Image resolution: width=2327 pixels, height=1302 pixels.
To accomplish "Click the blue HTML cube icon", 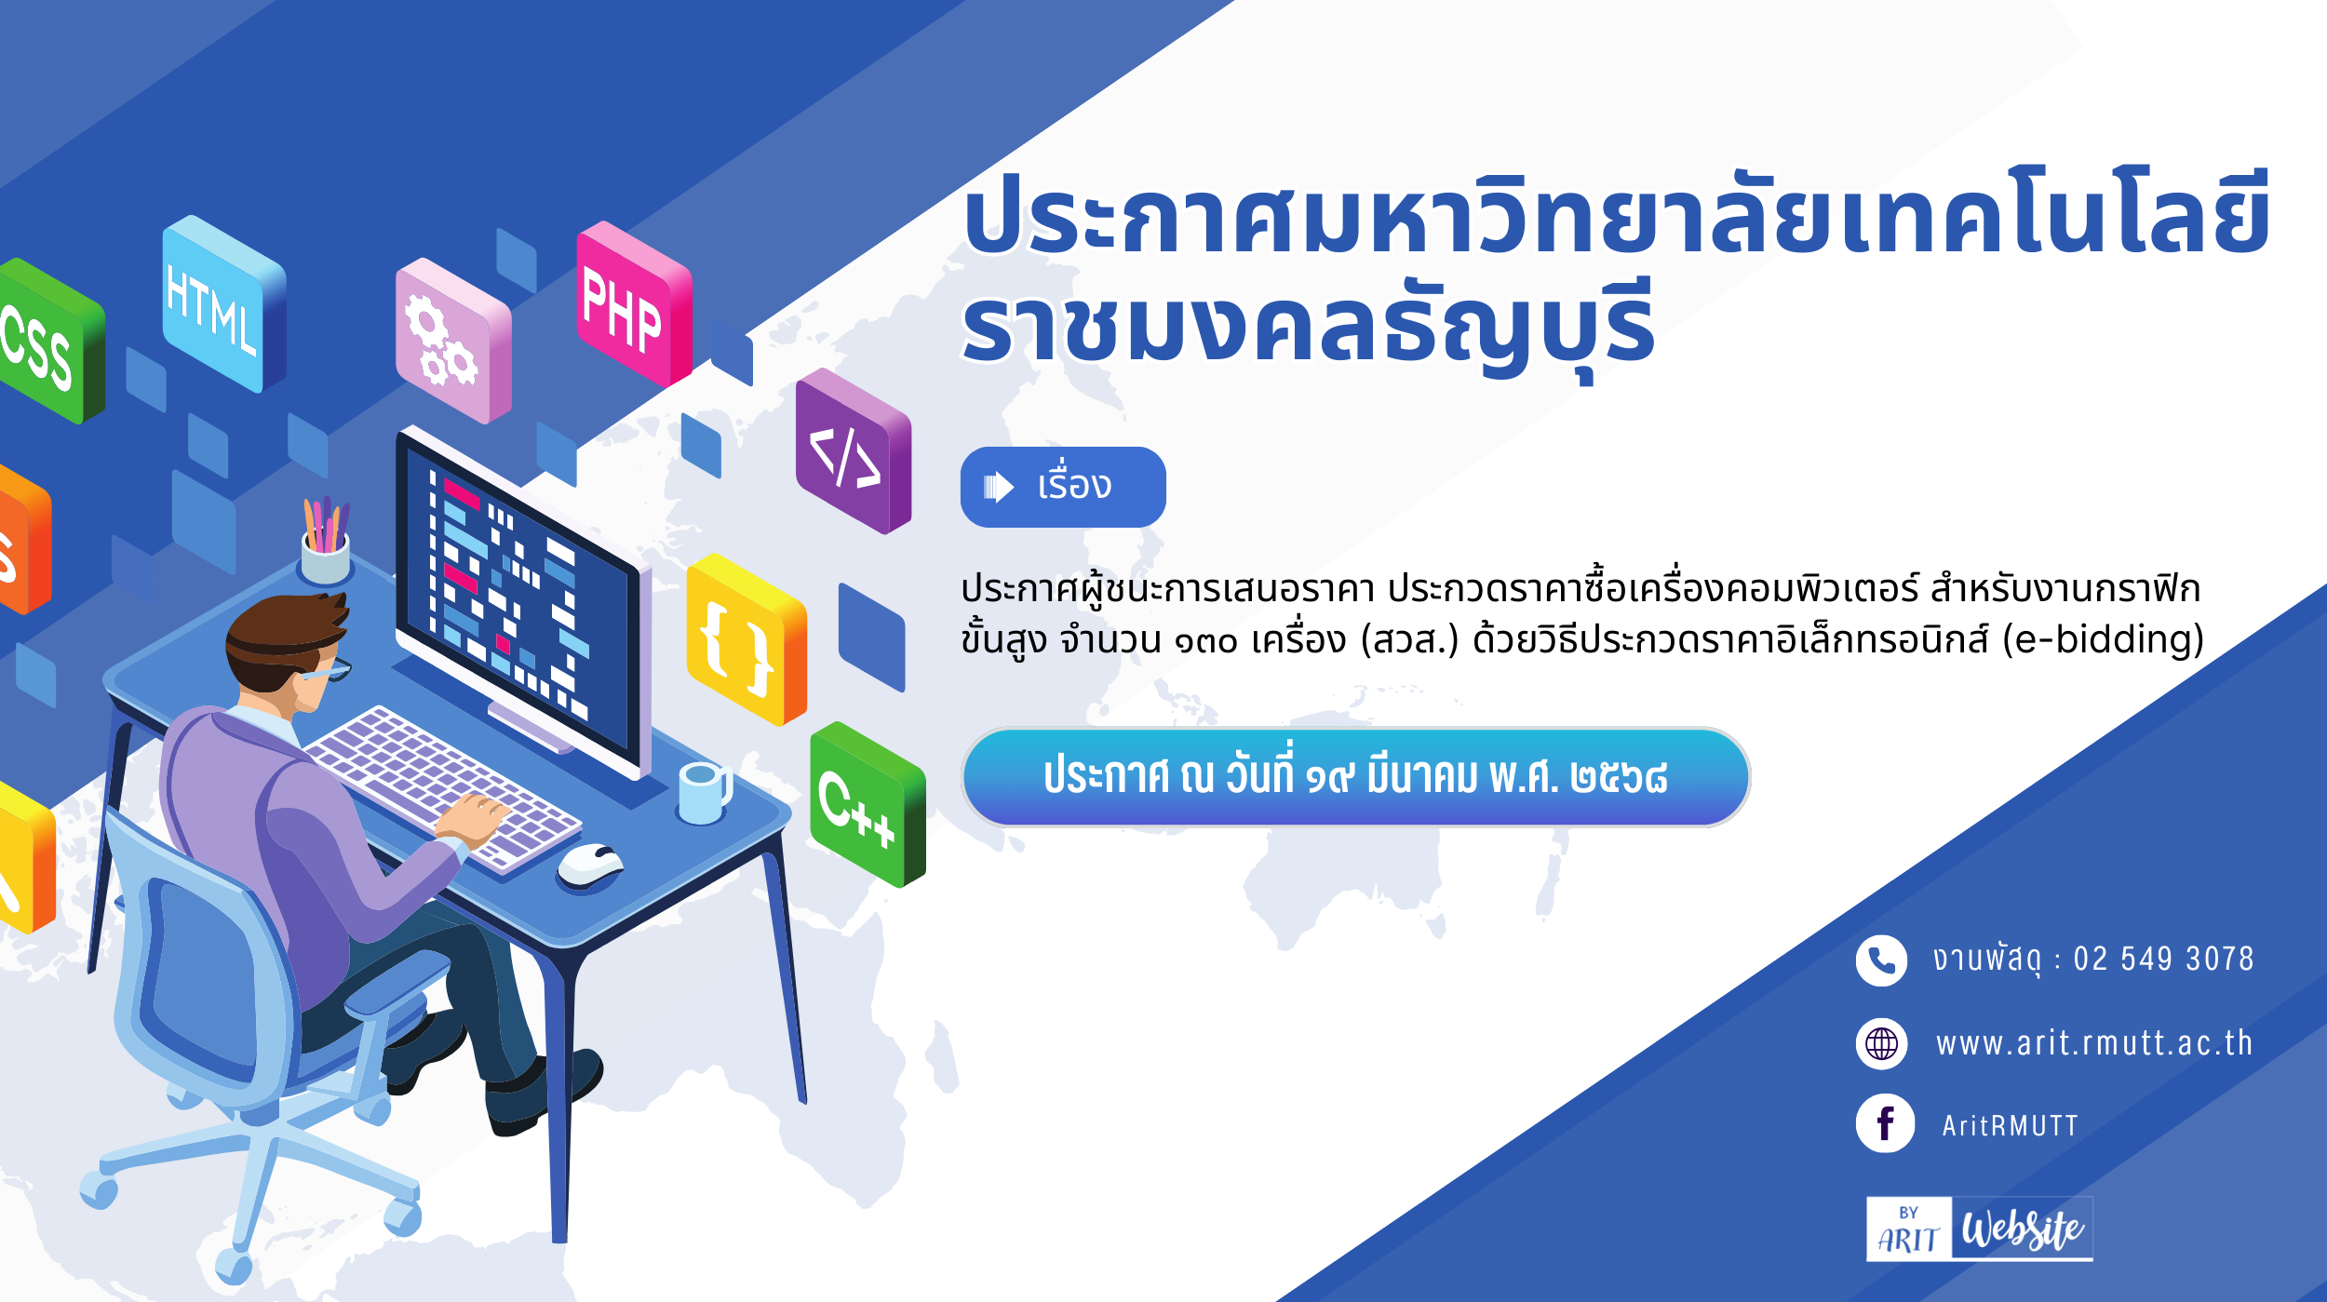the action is tap(223, 304).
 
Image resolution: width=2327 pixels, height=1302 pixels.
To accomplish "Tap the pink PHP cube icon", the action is tap(634, 304).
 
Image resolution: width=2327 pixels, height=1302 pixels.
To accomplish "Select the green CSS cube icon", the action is tap(48, 341).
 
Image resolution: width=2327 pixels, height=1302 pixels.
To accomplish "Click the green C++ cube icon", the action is tap(868, 805).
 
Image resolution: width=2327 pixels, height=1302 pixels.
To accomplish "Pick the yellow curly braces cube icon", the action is tap(746, 639).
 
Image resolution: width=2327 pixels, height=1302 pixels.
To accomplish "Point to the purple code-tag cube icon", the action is tap(854, 450).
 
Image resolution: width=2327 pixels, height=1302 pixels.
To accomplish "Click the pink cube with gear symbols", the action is tap(453, 341).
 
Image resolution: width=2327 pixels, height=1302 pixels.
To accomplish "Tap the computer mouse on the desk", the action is tap(590, 865).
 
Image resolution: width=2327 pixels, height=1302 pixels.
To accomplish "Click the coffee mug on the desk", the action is tap(704, 793).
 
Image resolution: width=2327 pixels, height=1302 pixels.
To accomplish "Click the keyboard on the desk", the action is tap(441, 789).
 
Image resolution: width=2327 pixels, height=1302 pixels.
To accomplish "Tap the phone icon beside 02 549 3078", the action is tap(1881, 960).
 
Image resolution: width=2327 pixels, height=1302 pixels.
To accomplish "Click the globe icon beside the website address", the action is tap(1881, 1043).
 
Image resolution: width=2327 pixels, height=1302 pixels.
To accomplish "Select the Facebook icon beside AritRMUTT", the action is tap(1885, 1123).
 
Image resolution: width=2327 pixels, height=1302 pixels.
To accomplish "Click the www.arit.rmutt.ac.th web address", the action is tap(2094, 1043).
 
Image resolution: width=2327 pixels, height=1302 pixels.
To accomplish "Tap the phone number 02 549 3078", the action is tap(2163, 959).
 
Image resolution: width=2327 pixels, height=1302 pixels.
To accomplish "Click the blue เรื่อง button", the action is tap(1063, 487).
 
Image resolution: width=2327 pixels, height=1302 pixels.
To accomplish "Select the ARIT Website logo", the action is tap(1979, 1228).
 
